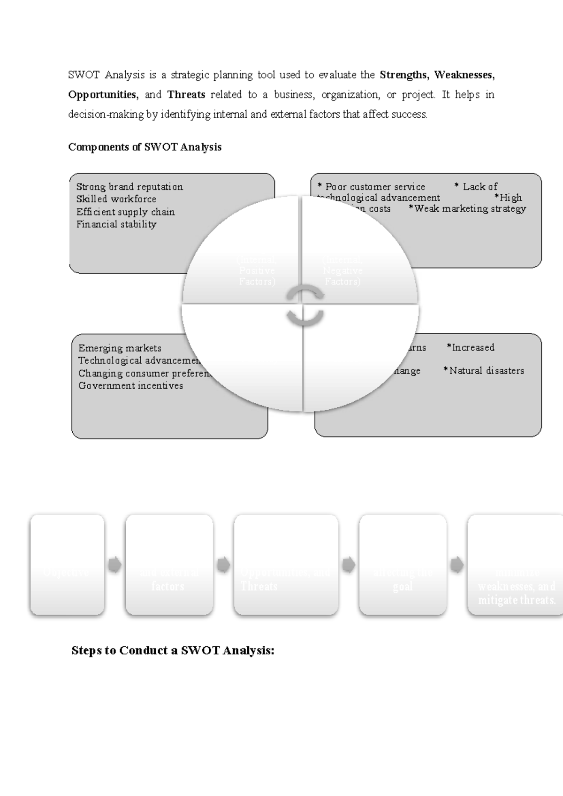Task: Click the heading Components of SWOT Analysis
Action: (x=145, y=147)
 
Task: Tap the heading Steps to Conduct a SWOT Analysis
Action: (x=173, y=651)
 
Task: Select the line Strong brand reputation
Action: (x=129, y=187)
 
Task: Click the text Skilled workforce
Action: (x=116, y=199)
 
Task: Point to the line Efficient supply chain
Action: (x=125, y=212)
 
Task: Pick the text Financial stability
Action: (x=116, y=224)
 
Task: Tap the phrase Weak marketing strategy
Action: (x=470, y=208)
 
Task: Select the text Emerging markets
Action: (x=120, y=348)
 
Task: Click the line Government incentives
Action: (x=130, y=386)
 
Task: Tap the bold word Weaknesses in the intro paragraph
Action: (x=464, y=75)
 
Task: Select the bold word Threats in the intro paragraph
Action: (x=186, y=94)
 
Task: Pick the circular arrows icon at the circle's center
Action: (x=305, y=305)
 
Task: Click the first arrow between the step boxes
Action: (x=114, y=565)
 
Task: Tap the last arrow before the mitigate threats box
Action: (x=456, y=565)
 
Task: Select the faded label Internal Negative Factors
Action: (x=342, y=271)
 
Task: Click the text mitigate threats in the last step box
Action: (x=517, y=600)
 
